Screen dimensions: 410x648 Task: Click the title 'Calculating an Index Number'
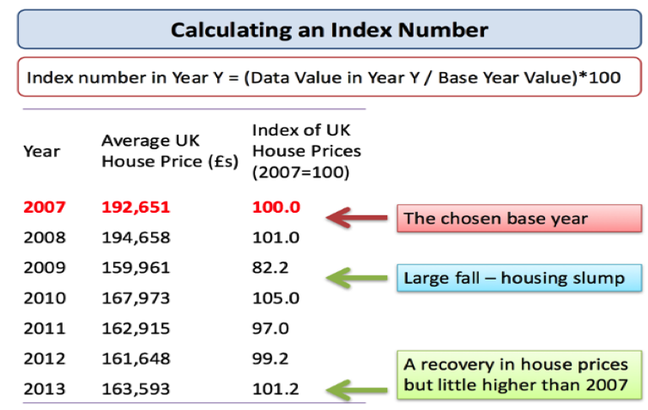click(329, 30)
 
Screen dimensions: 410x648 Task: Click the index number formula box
click(329, 77)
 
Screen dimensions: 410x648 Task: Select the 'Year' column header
click(41, 152)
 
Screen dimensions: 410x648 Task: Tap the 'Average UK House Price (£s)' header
click(169, 152)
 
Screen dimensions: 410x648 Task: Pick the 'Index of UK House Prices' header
click(306, 150)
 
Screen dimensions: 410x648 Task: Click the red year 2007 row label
click(44, 207)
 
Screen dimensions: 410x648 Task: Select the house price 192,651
click(136, 207)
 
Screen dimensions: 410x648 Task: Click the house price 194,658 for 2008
click(136, 238)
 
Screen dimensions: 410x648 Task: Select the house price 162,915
click(136, 328)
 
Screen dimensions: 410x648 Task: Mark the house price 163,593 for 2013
click(136, 389)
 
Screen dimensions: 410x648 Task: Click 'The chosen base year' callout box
click(518, 218)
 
